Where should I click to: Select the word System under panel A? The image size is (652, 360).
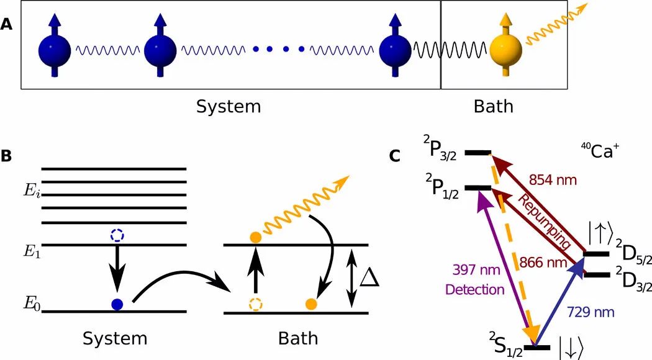tap(229, 107)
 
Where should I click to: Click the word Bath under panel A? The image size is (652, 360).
tap(494, 107)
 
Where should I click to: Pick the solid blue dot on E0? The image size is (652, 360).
tap(116, 304)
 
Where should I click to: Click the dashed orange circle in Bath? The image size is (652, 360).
tap(255, 304)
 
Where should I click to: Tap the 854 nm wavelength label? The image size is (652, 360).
tap(553, 180)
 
